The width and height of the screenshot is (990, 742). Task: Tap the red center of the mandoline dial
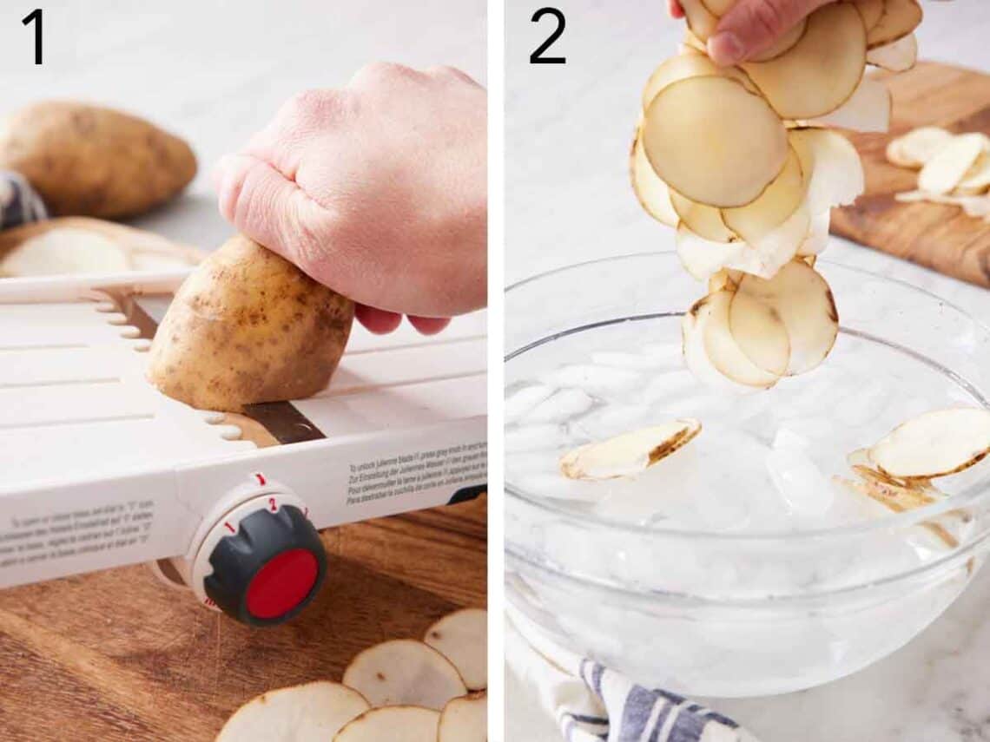pos(281,582)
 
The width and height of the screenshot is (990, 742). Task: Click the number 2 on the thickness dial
pos(272,504)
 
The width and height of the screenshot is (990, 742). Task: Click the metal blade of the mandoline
pos(282,422)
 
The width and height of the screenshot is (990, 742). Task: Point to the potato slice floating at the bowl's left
pos(630,449)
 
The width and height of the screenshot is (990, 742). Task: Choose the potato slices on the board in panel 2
pos(942,165)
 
